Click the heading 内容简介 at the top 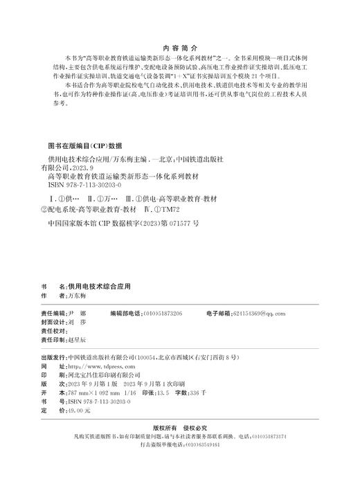(179, 39)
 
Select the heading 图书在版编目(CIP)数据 (84, 146)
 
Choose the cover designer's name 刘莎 (77, 323)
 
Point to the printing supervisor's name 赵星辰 (78, 341)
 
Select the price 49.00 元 (80, 411)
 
